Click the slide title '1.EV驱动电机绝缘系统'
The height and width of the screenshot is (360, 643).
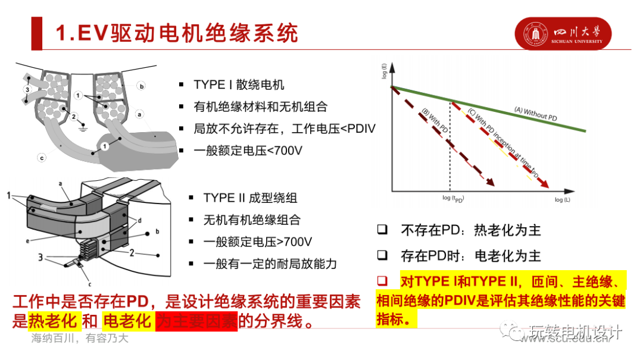176,33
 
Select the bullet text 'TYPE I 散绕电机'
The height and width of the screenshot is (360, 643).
239,84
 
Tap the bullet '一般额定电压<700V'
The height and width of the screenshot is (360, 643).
248,151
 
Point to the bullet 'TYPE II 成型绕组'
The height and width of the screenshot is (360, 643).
250,197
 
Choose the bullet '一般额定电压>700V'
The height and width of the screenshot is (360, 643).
258,242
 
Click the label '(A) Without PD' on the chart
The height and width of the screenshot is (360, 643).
536,114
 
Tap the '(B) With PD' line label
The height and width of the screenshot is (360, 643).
435,122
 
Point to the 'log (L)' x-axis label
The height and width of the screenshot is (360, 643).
562,200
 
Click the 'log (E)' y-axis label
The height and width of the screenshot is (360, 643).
384,71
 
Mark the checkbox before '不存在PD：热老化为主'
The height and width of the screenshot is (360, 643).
382,229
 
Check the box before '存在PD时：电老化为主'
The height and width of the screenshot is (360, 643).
382,255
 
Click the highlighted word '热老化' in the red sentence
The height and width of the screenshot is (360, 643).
53,321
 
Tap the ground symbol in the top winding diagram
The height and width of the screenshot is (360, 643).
84,127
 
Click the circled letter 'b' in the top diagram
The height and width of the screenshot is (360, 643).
142,86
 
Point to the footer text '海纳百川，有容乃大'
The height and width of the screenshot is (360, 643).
80,339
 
